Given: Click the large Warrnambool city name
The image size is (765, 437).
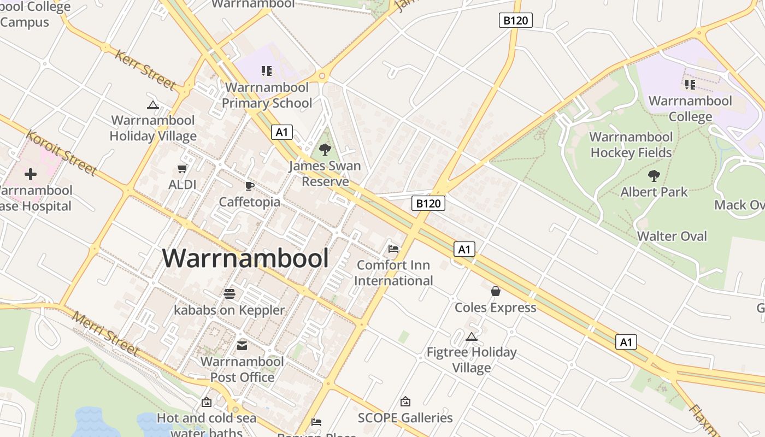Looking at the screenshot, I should tap(246, 258).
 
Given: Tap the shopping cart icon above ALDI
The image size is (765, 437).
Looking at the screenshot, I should tap(183, 168).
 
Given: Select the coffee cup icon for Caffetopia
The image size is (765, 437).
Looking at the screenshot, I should tap(250, 186).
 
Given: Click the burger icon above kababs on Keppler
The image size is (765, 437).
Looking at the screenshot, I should tap(229, 294).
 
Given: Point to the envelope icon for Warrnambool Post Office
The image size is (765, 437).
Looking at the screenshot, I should tap(242, 345).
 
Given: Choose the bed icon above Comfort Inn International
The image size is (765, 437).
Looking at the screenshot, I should tap(393, 249).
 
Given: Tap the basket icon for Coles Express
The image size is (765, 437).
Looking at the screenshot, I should tap(496, 291).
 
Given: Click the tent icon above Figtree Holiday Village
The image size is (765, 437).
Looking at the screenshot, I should tap(472, 336).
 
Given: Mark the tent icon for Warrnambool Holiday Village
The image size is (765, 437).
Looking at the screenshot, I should tap(153, 105).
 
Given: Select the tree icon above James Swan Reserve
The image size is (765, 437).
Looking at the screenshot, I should tap(325, 149).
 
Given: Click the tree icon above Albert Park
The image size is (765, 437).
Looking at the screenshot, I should tap(654, 175).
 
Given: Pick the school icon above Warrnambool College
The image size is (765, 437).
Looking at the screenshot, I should tap(690, 85).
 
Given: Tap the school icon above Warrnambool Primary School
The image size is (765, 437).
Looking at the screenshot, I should tap(267, 71).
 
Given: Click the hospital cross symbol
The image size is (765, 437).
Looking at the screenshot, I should tap(31, 174).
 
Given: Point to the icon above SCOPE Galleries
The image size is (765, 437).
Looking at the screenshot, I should tap(405, 401).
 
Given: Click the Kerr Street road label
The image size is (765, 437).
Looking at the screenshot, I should tap(145, 69).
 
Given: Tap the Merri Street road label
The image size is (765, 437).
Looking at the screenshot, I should tap(105, 333).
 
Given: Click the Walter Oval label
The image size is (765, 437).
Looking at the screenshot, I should tap(672, 237).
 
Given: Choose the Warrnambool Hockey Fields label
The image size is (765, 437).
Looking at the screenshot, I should tap(631, 145).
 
